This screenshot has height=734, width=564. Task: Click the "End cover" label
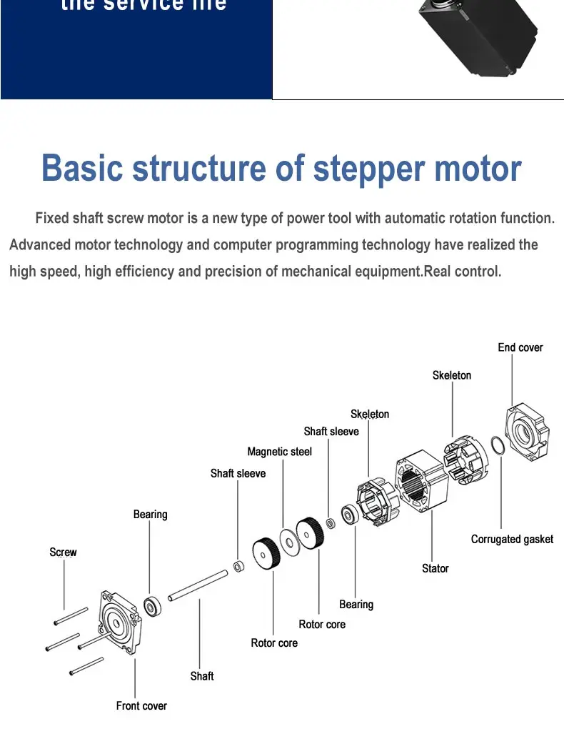pos(520,347)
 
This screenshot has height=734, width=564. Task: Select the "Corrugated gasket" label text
pos(512,540)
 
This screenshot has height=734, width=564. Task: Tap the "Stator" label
pos(435,569)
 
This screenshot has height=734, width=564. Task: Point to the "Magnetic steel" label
pos(279,452)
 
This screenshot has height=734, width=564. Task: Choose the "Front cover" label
pos(141,706)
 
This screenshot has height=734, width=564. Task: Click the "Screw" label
pos(63,552)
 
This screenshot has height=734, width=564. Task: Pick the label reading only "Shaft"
pos(201,676)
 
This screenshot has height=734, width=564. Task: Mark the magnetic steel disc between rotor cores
pos(289,542)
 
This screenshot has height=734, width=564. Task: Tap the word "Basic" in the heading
pos(81,169)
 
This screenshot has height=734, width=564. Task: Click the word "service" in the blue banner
pos(146,5)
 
